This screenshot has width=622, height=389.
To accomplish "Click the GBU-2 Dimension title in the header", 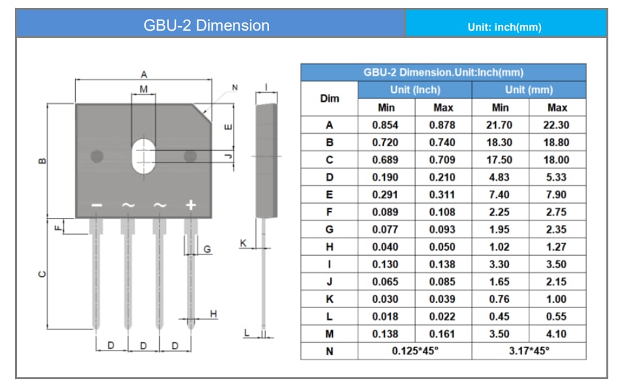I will pyautogui.click(x=206, y=25).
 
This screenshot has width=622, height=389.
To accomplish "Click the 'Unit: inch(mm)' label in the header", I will pyautogui.click(x=504, y=27).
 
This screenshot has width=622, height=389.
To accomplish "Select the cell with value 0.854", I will pyautogui.click(x=386, y=125).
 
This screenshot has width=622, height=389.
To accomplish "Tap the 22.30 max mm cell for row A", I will pyautogui.click(x=557, y=125).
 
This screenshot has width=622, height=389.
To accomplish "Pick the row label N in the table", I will pyautogui.click(x=329, y=351).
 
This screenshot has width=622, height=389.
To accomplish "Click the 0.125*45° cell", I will pyautogui.click(x=414, y=351).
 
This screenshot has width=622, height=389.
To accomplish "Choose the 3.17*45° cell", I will pyautogui.click(x=529, y=351).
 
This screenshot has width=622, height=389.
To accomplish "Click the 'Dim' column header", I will pyautogui.click(x=329, y=99).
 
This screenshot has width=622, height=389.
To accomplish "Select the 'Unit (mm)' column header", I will pyautogui.click(x=529, y=89).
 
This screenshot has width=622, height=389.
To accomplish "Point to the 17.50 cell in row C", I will pyautogui.click(x=500, y=160).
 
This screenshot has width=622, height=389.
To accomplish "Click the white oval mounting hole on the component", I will pyautogui.click(x=143, y=156).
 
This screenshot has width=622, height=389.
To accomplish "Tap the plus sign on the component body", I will pyautogui.click(x=191, y=205).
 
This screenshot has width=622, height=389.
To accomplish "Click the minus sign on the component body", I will pyautogui.click(x=97, y=205).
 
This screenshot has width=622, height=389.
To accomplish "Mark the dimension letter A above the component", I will pyautogui.click(x=144, y=75).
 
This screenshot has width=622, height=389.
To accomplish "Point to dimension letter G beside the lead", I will pyautogui.click(x=207, y=249).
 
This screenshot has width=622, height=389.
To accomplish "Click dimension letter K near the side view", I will pyautogui.click(x=243, y=243).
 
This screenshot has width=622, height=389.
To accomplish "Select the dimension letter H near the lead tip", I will pyautogui.click(x=213, y=315).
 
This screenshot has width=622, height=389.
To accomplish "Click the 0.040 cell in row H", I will pyautogui.click(x=386, y=247).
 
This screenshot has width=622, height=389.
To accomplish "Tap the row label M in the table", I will pyautogui.click(x=329, y=334).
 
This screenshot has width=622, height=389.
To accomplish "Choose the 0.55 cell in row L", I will pyautogui.click(x=557, y=317).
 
